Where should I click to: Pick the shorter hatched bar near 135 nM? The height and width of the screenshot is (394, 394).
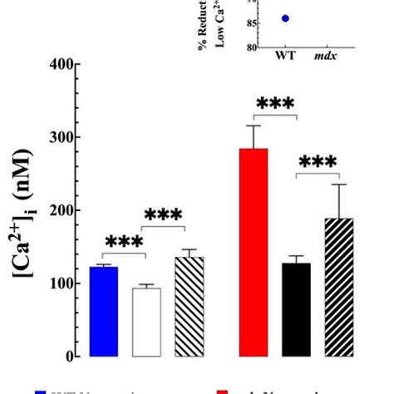189,307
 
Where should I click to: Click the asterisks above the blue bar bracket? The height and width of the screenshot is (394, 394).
125,242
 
